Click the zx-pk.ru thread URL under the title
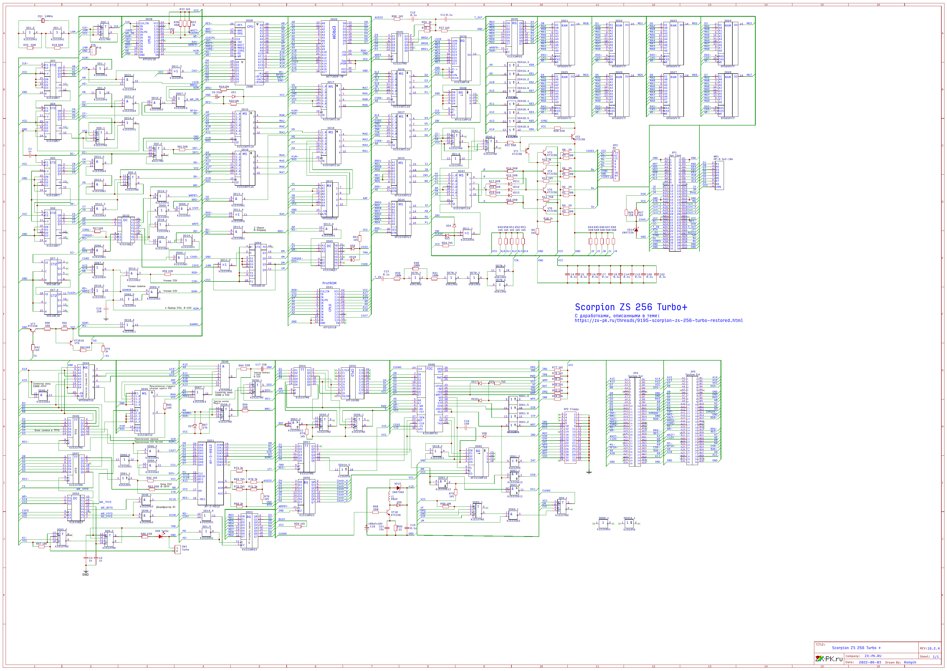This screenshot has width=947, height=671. point(659,321)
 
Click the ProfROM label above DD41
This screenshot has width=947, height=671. point(329,283)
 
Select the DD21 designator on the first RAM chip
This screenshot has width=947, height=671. point(564,21)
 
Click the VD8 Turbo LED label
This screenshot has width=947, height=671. point(161,531)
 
